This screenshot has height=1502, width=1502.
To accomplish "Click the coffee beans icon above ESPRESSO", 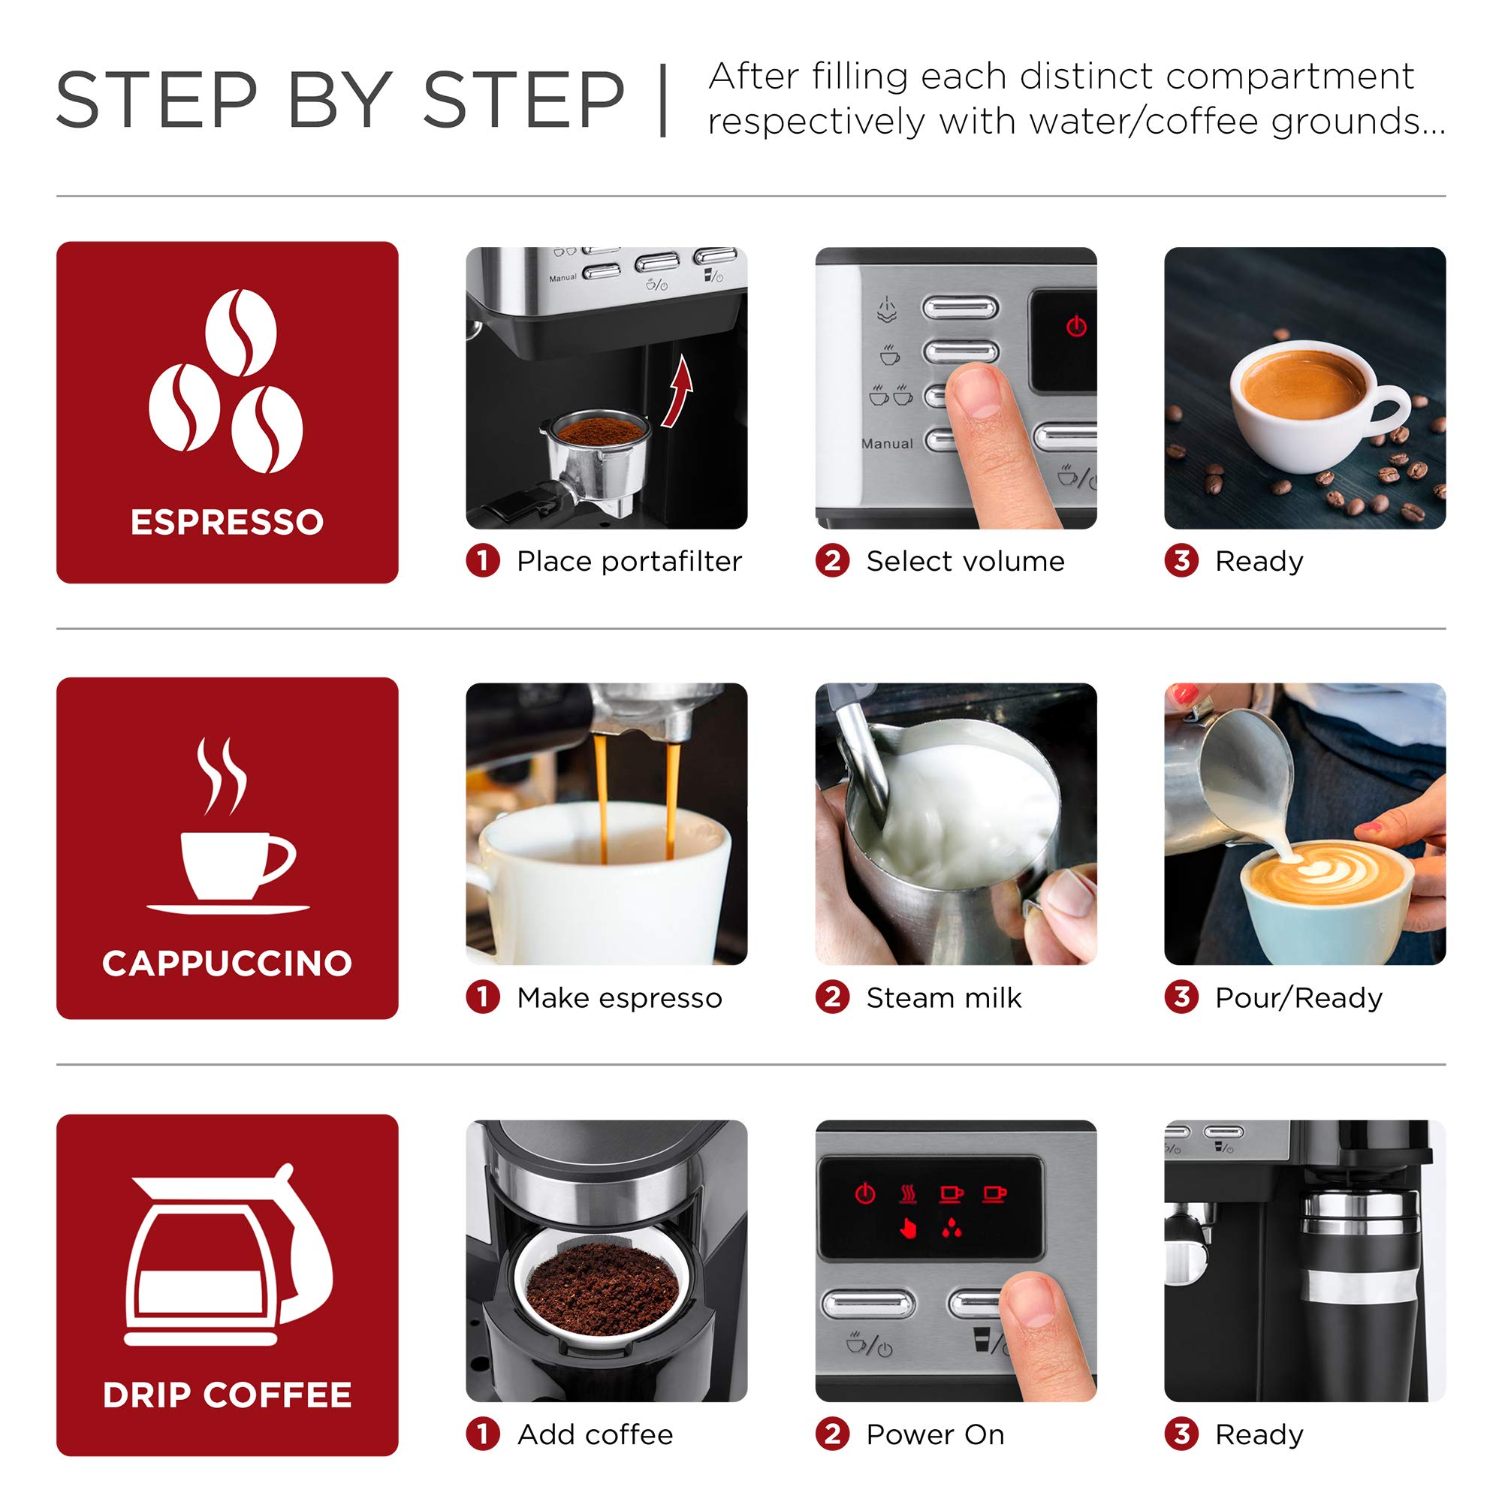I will click(x=226, y=381).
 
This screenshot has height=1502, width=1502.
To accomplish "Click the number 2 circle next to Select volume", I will click(x=832, y=560).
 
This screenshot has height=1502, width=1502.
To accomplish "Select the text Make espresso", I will click(x=619, y=997).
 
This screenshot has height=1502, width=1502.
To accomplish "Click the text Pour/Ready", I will click(x=1298, y=997).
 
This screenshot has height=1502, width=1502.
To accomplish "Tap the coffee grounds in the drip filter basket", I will click(x=602, y=1286).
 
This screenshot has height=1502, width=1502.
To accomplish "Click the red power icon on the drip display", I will click(x=864, y=1193).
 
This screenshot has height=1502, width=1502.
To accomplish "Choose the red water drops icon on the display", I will click(x=951, y=1230).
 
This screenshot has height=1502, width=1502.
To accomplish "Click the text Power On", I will click(x=934, y=1434).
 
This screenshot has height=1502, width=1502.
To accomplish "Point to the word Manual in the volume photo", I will click(x=887, y=444).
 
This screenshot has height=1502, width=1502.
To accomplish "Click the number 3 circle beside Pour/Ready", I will click(x=1181, y=997).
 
